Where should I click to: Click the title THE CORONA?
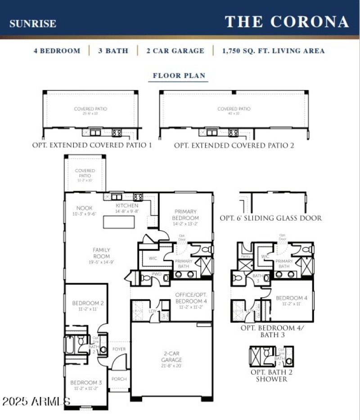coord(287,21)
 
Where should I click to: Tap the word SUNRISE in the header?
coord(33,23)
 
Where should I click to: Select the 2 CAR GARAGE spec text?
coord(175,51)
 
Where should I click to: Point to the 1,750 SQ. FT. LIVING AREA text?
coord(273,51)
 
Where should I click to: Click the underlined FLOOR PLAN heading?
coord(179,76)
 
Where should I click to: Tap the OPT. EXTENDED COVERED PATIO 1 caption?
coord(92,145)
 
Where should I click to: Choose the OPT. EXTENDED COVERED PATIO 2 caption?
coord(234,145)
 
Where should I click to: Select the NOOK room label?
coord(85,208)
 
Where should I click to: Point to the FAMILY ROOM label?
coord(101,253)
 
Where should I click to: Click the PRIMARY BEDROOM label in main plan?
coord(185,214)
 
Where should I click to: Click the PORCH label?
coord(119,379)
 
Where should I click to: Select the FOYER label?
coord(119,349)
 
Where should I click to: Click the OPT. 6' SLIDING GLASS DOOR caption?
coord(270,218)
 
